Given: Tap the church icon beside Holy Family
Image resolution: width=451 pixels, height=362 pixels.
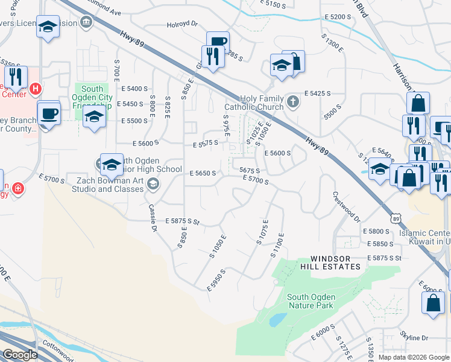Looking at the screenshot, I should click(x=292, y=101).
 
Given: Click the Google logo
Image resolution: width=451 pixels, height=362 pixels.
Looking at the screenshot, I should click(x=20, y=355).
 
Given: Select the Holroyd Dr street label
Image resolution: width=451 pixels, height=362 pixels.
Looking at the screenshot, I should click(x=183, y=25).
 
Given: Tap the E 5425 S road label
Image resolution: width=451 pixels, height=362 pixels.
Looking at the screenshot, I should click(x=319, y=94).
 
